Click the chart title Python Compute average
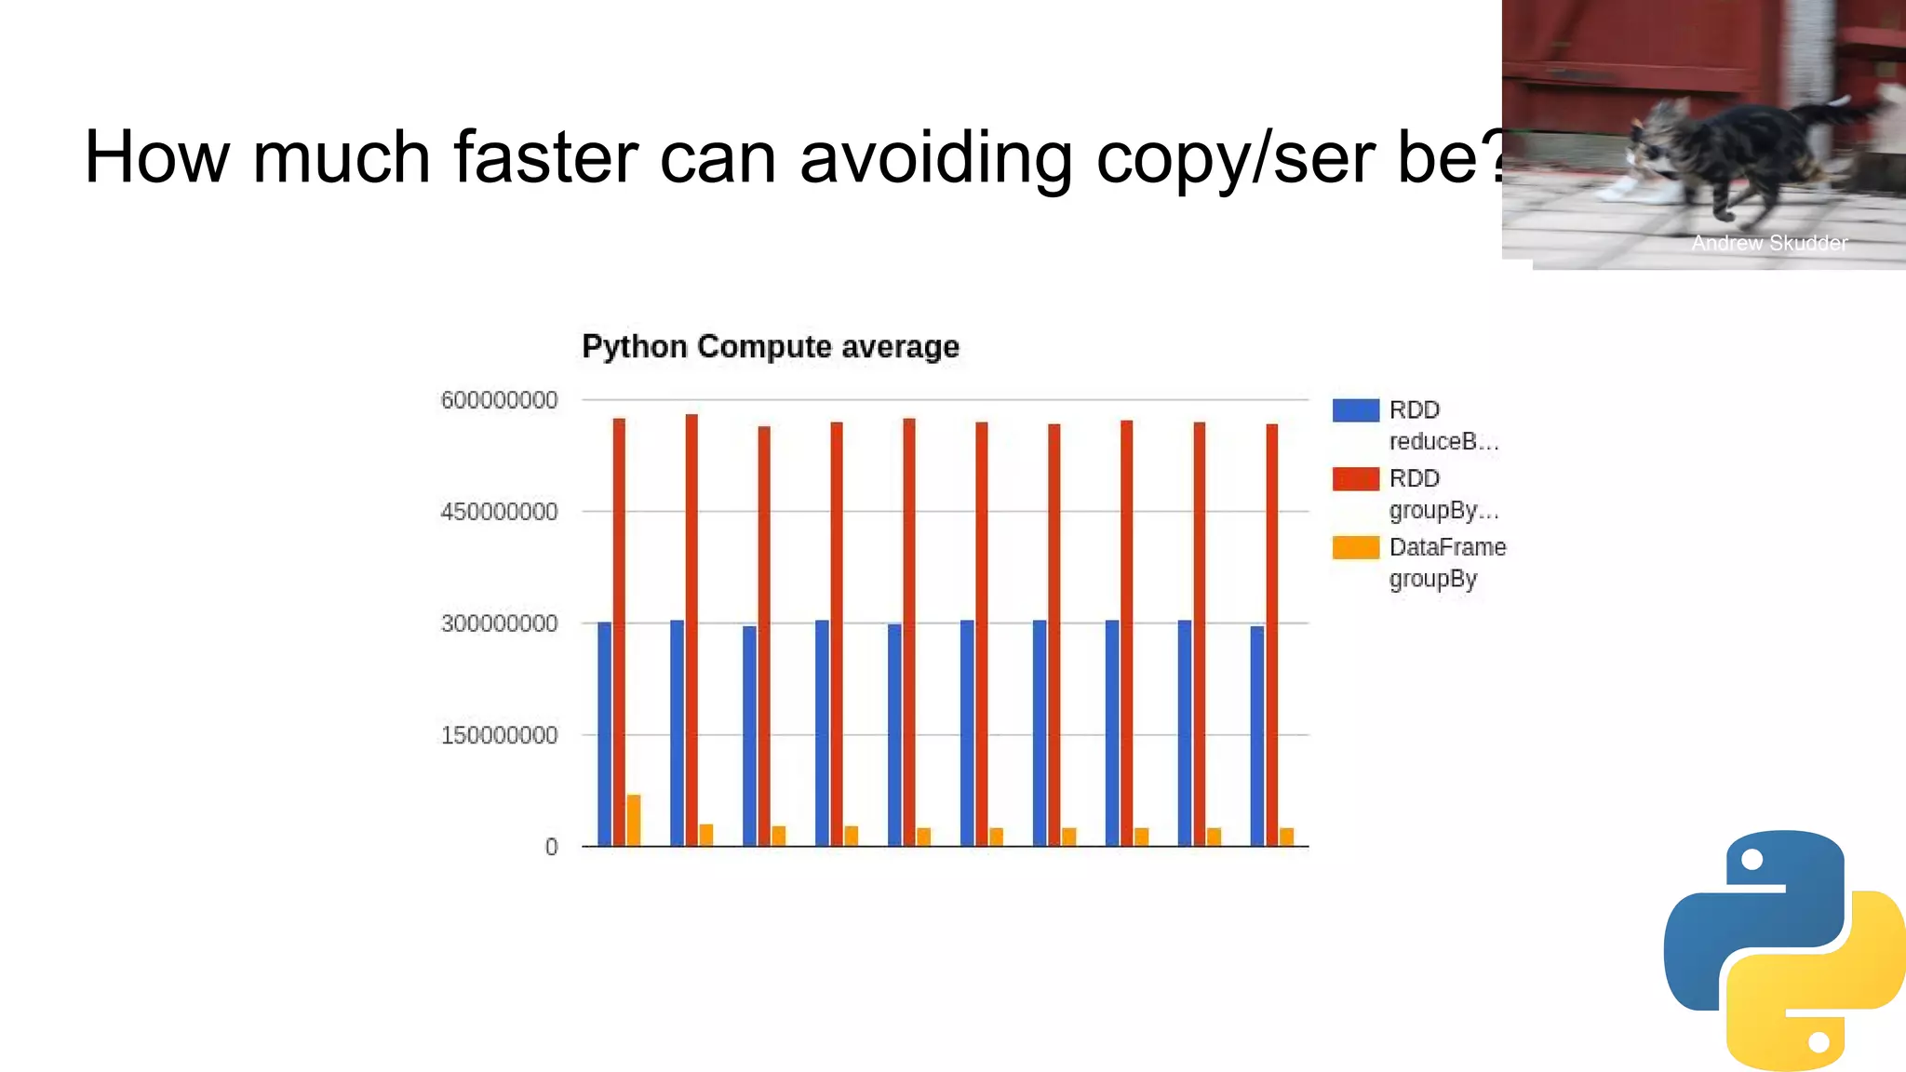(770, 346)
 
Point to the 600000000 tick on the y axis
(499, 400)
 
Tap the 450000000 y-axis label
(499, 512)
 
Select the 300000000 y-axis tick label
(499, 623)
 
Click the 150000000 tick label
(499, 735)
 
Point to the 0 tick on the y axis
(552, 847)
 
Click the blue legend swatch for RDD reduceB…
(1355, 410)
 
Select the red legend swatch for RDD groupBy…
(1355, 478)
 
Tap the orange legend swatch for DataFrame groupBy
(1355, 547)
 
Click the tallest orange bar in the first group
(634, 820)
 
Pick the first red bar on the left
(619, 633)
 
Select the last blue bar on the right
(1257, 735)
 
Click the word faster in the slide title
(545, 156)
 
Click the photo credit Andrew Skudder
(1769, 243)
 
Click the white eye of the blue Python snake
(1752, 860)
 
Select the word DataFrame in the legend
(1447, 547)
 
